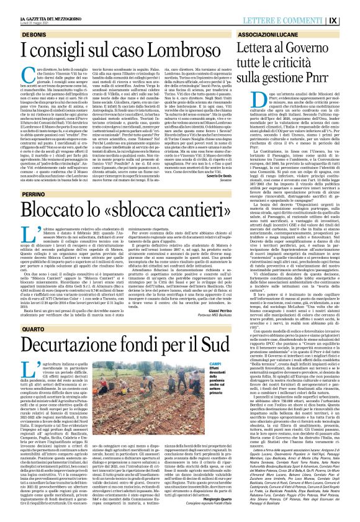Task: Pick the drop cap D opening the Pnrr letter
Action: [x=246, y=102]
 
